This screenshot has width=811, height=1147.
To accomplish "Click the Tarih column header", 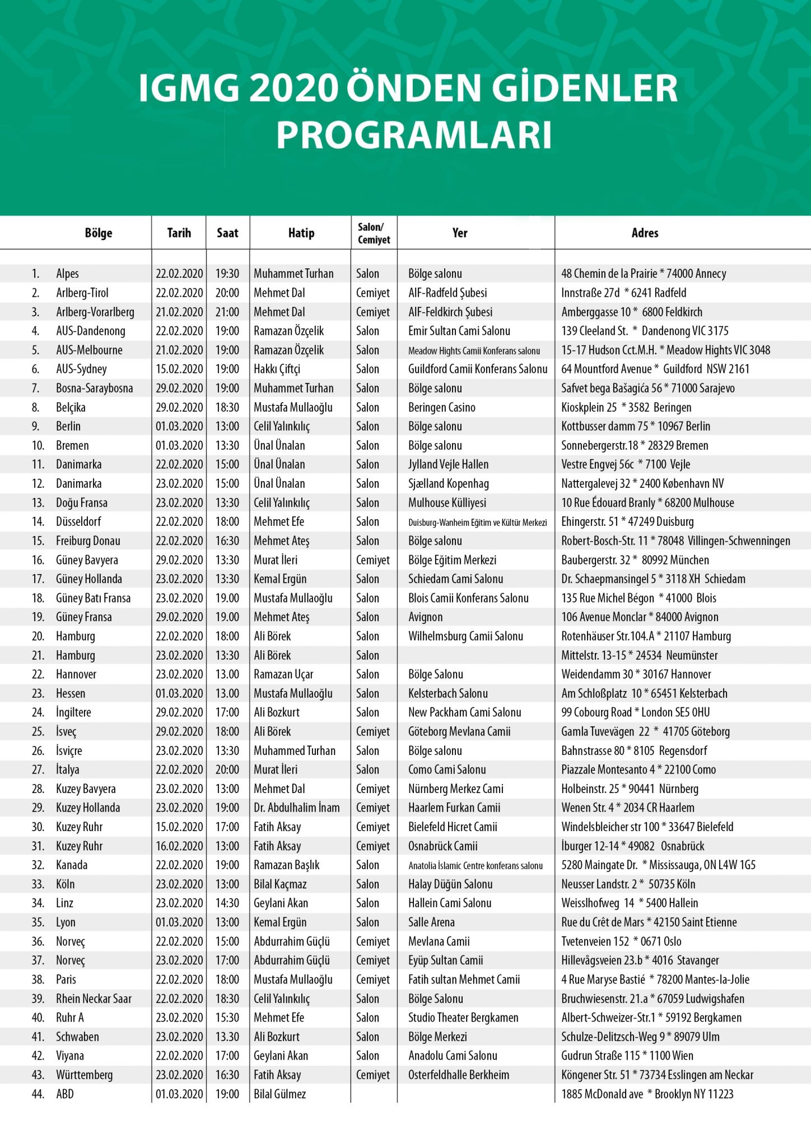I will (x=179, y=233).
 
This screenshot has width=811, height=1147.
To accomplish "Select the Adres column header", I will (x=645, y=233).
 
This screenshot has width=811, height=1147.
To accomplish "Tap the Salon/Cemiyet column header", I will (x=374, y=233).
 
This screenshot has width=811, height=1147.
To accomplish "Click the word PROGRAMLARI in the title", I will (x=414, y=135).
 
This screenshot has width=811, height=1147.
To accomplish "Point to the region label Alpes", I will (x=67, y=274).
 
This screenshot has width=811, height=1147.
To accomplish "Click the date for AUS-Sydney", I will (x=179, y=369).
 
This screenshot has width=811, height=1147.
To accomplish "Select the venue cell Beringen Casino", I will (x=441, y=407).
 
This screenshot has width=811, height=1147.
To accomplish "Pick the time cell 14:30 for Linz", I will (x=227, y=903).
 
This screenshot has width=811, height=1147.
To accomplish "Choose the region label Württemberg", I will (x=84, y=1075).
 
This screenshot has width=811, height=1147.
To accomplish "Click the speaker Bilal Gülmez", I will (x=279, y=1094).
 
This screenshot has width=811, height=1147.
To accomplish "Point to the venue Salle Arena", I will (x=431, y=922).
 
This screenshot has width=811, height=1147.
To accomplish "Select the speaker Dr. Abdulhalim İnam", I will (x=296, y=808).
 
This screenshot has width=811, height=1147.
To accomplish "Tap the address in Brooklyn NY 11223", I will (x=647, y=1094).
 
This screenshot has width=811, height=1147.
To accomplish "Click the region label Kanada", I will (x=72, y=865).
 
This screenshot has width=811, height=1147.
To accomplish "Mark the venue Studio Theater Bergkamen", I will (x=463, y=1018).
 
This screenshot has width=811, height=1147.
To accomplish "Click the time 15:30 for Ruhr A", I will (x=227, y=1018).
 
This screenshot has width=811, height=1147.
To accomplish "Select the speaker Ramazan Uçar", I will (x=283, y=674).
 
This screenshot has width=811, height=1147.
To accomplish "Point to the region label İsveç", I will (x=66, y=731).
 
